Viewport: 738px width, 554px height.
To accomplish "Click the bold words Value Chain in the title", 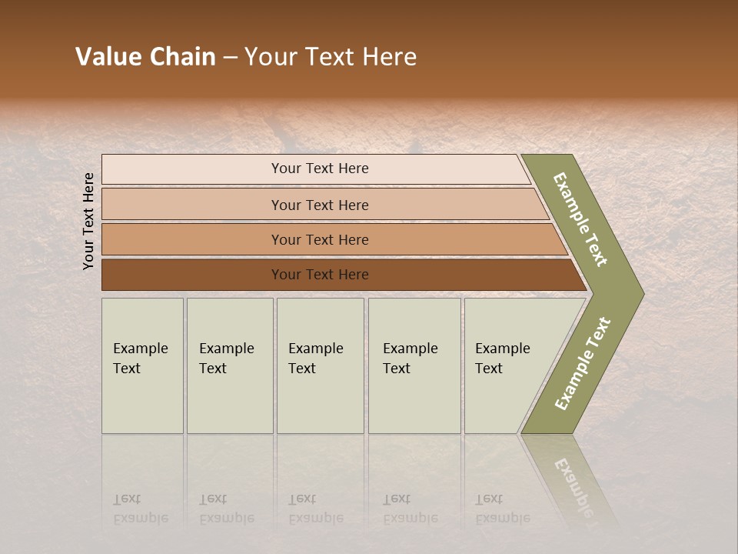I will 145,57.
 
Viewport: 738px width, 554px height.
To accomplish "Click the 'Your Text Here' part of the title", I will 331,57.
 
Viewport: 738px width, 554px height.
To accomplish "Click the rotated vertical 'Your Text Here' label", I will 88,222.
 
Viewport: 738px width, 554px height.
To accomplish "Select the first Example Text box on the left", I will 142,365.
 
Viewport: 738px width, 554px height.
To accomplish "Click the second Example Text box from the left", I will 230,365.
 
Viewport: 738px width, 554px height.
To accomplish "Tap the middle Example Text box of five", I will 320,365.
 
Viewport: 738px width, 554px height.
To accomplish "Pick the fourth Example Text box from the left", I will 414,365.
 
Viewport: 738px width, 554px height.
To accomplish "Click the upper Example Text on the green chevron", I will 580,219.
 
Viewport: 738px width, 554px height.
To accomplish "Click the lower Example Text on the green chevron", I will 582,364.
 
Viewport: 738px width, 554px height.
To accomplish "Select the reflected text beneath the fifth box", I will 502,509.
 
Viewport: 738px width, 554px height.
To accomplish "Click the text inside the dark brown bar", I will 320,275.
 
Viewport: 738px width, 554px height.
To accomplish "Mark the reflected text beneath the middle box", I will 315,509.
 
